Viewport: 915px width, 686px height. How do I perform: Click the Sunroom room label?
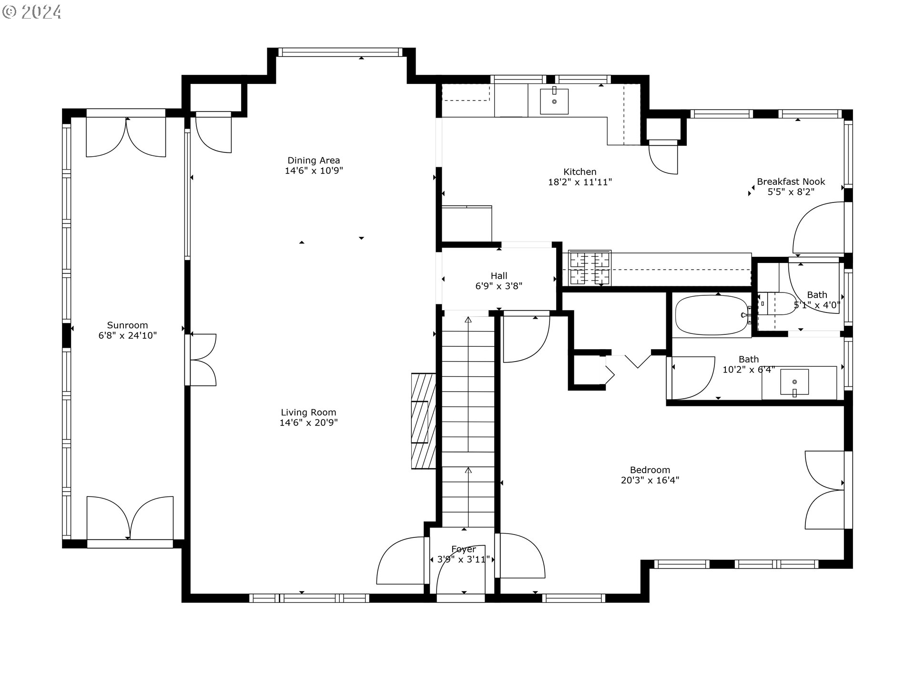(127, 325)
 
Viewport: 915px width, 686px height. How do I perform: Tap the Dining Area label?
(314, 161)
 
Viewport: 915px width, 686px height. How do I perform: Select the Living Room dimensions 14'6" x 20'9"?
(308, 423)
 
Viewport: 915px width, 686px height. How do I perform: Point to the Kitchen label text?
(580, 172)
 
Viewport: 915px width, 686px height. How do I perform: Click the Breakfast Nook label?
(791, 182)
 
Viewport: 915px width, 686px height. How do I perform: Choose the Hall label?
(499, 276)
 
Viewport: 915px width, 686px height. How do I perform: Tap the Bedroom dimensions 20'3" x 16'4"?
(650, 480)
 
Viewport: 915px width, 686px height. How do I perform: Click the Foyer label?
(464, 549)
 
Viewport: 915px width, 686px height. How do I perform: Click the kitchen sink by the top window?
(554, 101)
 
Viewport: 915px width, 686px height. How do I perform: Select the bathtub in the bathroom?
(712, 315)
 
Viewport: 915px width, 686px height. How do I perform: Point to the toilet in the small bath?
(777, 303)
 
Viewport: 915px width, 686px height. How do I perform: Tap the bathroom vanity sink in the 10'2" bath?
(794, 383)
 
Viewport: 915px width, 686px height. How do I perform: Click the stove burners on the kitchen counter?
(590, 268)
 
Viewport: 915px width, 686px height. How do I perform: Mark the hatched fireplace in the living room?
(423, 421)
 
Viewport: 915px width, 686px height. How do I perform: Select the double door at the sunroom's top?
(126, 137)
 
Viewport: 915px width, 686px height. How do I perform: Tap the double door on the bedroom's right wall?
(824, 490)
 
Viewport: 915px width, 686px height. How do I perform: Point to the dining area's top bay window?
(340, 52)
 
